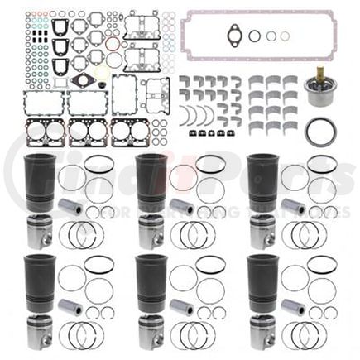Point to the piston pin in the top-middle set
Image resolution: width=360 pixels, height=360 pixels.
point(181,207)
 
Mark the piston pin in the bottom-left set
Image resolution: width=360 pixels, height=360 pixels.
point(71,310)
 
